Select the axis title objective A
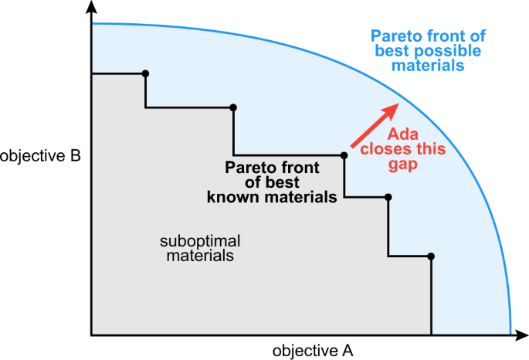click(x=313, y=351)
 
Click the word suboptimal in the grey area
click(x=200, y=239)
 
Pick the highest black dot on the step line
click(x=145, y=73)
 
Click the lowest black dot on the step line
click(x=431, y=256)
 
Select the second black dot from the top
click(x=233, y=107)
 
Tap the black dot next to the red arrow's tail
click(x=344, y=155)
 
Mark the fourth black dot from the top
click(x=388, y=197)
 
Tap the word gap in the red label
click(x=405, y=165)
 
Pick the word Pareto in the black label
click(x=247, y=167)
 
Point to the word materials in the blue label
click(x=428, y=66)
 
